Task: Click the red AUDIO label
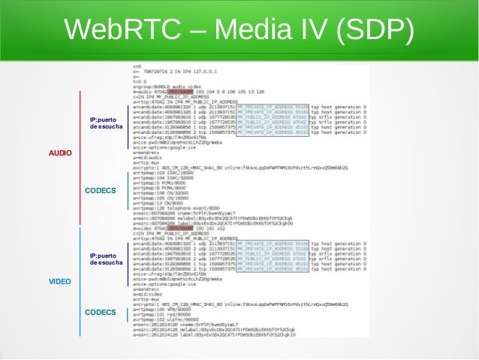pyautogui.click(x=60, y=153)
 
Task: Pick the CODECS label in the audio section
pyautogui.click(x=100, y=191)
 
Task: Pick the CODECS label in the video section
pyautogui.click(x=100, y=311)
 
